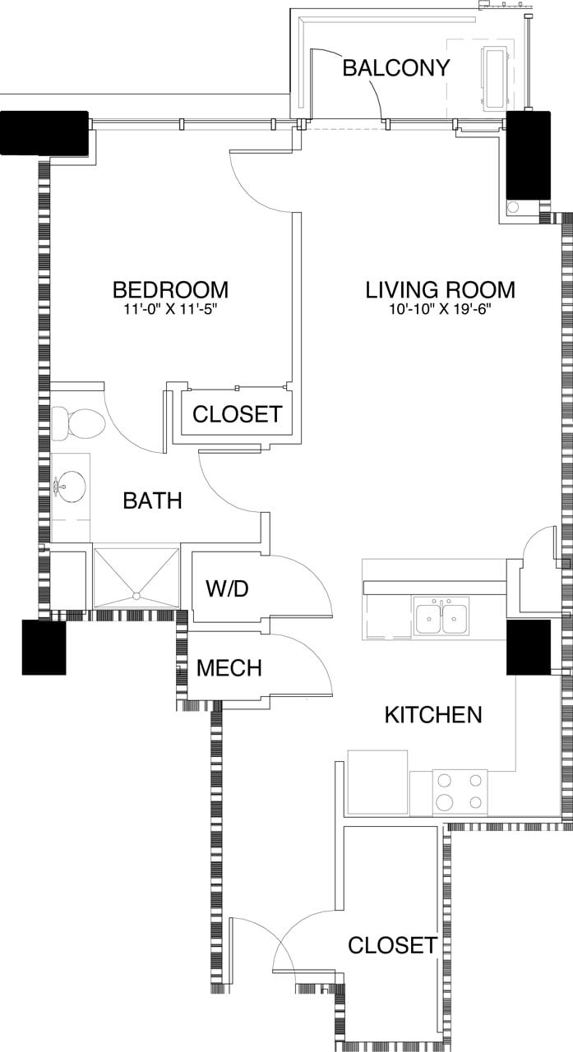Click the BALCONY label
tap(396, 67)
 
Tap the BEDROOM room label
tap(170, 290)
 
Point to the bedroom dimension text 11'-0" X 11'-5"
tap(170, 310)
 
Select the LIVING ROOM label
tap(440, 290)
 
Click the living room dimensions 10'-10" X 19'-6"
tap(440, 310)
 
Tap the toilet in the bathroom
tap(80, 424)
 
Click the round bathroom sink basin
tap(72, 487)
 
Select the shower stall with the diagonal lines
tap(136, 578)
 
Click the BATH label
tap(152, 501)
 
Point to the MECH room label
tap(229, 668)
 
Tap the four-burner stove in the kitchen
tap(460, 792)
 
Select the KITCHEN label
tap(433, 715)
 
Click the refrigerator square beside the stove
tap(378, 782)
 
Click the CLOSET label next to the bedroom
tap(237, 414)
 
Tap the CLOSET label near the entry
tap(392, 945)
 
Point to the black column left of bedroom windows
tap(44, 132)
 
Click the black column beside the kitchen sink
tap(528, 648)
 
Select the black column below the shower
tap(44, 648)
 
